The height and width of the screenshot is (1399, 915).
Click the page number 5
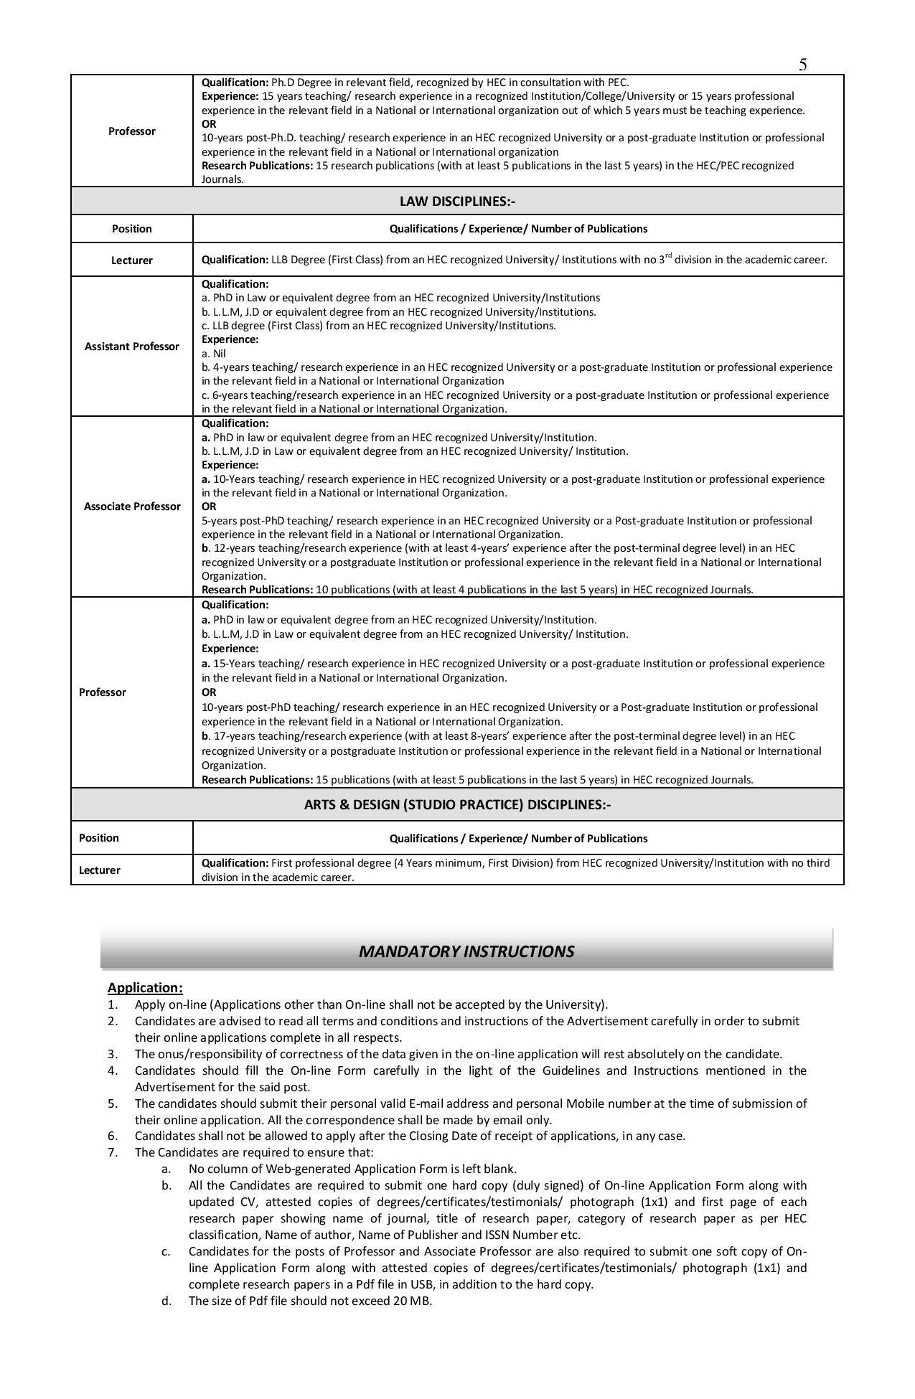pos(802,65)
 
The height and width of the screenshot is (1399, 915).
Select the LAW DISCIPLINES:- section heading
pos(457,202)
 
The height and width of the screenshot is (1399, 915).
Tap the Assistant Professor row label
pos(132,347)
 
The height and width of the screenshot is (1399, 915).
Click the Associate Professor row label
pos(132,507)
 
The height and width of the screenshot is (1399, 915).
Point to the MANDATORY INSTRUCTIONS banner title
pos(466,951)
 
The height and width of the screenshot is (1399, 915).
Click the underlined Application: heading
pos(145,988)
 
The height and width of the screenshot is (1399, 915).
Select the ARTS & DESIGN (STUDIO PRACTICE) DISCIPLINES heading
pos(457,804)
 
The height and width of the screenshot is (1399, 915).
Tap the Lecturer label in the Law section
pos(132,260)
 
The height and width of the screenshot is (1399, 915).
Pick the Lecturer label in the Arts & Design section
pos(100,870)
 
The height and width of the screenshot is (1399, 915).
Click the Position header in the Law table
pos(132,229)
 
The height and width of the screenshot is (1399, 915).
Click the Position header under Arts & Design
pos(99,838)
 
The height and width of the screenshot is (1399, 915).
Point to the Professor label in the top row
pos(132,131)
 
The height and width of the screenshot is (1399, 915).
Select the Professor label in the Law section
pos(103,692)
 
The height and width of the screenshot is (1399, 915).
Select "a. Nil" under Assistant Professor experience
pos(214,354)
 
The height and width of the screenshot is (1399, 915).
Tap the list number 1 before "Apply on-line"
pos(113,1004)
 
